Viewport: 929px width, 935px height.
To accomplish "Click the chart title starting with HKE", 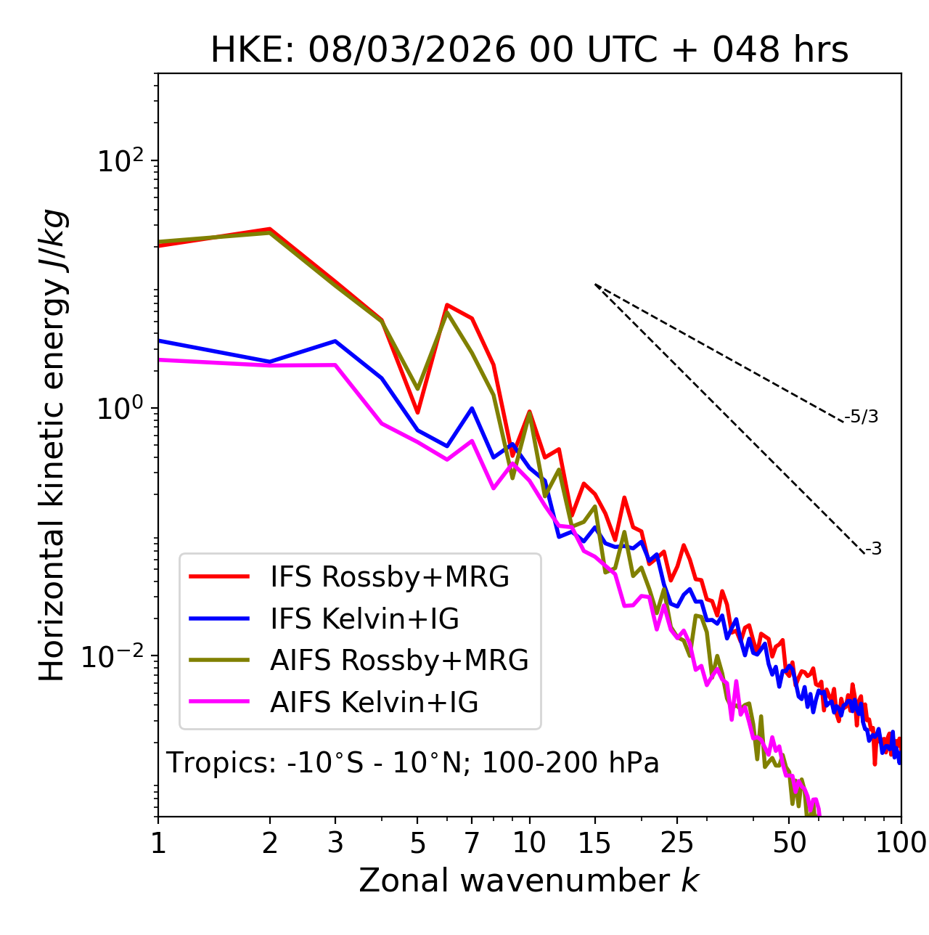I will point(529,51).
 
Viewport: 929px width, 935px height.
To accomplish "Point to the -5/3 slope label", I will point(862,417).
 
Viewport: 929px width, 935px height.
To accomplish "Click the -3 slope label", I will point(873,550).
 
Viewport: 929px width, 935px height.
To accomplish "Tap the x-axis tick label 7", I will point(472,843).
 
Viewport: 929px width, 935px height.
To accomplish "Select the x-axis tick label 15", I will point(594,843).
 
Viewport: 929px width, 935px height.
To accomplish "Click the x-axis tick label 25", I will point(677,843).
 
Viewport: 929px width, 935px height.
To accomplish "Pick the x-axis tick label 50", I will point(789,843).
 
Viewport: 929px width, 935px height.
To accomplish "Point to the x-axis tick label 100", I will point(901,843).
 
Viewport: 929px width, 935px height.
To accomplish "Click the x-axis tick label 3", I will point(335,843).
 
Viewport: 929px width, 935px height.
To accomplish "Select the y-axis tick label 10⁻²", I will point(116,656).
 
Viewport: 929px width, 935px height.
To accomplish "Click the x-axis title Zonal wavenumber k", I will point(529,881).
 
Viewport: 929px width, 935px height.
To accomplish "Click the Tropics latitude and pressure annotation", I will point(413,763).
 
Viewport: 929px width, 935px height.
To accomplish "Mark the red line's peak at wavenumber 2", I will point(270,229).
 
